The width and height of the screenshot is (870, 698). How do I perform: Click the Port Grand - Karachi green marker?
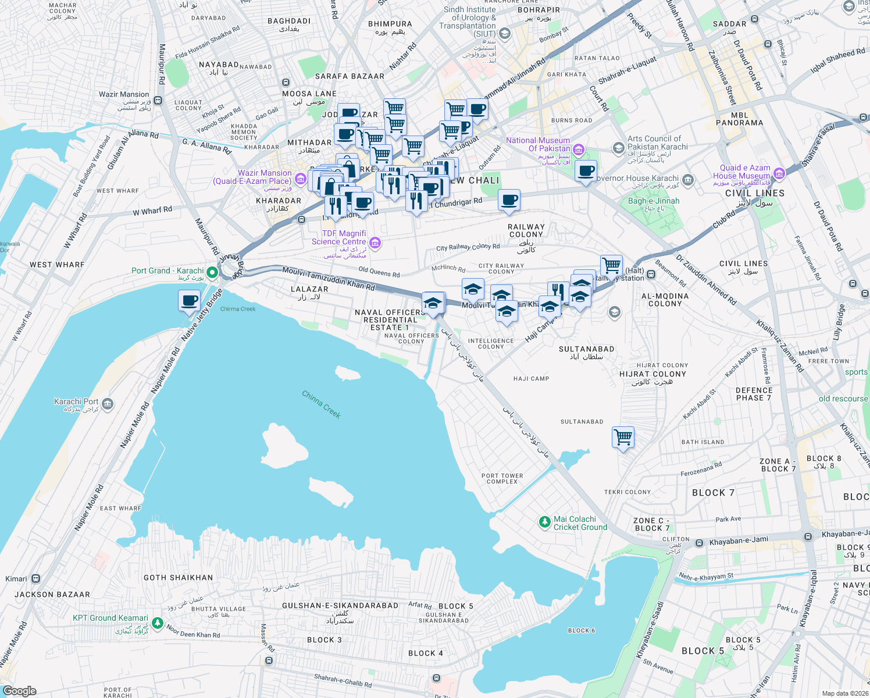click(x=213, y=272)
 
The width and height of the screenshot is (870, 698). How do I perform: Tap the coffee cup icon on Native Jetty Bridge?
click(x=189, y=301)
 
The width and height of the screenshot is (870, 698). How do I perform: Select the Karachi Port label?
click(x=76, y=401)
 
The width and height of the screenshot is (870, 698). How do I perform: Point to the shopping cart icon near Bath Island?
click(x=623, y=436)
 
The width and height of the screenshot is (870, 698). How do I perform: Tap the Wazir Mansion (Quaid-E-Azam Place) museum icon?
click(x=301, y=179)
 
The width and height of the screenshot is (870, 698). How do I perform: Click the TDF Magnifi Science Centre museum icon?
click(x=375, y=243)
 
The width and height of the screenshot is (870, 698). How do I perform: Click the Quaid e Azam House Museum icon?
click(x=779, y=173)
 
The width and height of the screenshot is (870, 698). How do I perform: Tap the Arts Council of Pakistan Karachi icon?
click(x=619, y=148)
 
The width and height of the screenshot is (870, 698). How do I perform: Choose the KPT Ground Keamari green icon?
click(x=157, y=623)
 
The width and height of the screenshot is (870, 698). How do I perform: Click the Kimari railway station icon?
click(x=36, y=579)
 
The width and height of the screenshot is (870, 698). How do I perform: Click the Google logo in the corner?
click(x=20, y=691)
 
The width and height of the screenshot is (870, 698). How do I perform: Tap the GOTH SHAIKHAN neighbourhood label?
click(x=178, y=578)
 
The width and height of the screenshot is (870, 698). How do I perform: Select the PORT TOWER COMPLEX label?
click(x=502, y=478)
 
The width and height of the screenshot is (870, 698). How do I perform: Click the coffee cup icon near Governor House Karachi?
click(x=586, y=171)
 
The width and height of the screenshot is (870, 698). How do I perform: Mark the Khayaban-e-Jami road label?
click(x=739, y=540)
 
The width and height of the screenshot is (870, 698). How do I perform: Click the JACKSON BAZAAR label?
click(x=52, y=594)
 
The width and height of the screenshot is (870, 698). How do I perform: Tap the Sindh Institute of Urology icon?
click(x=505, y=34)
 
